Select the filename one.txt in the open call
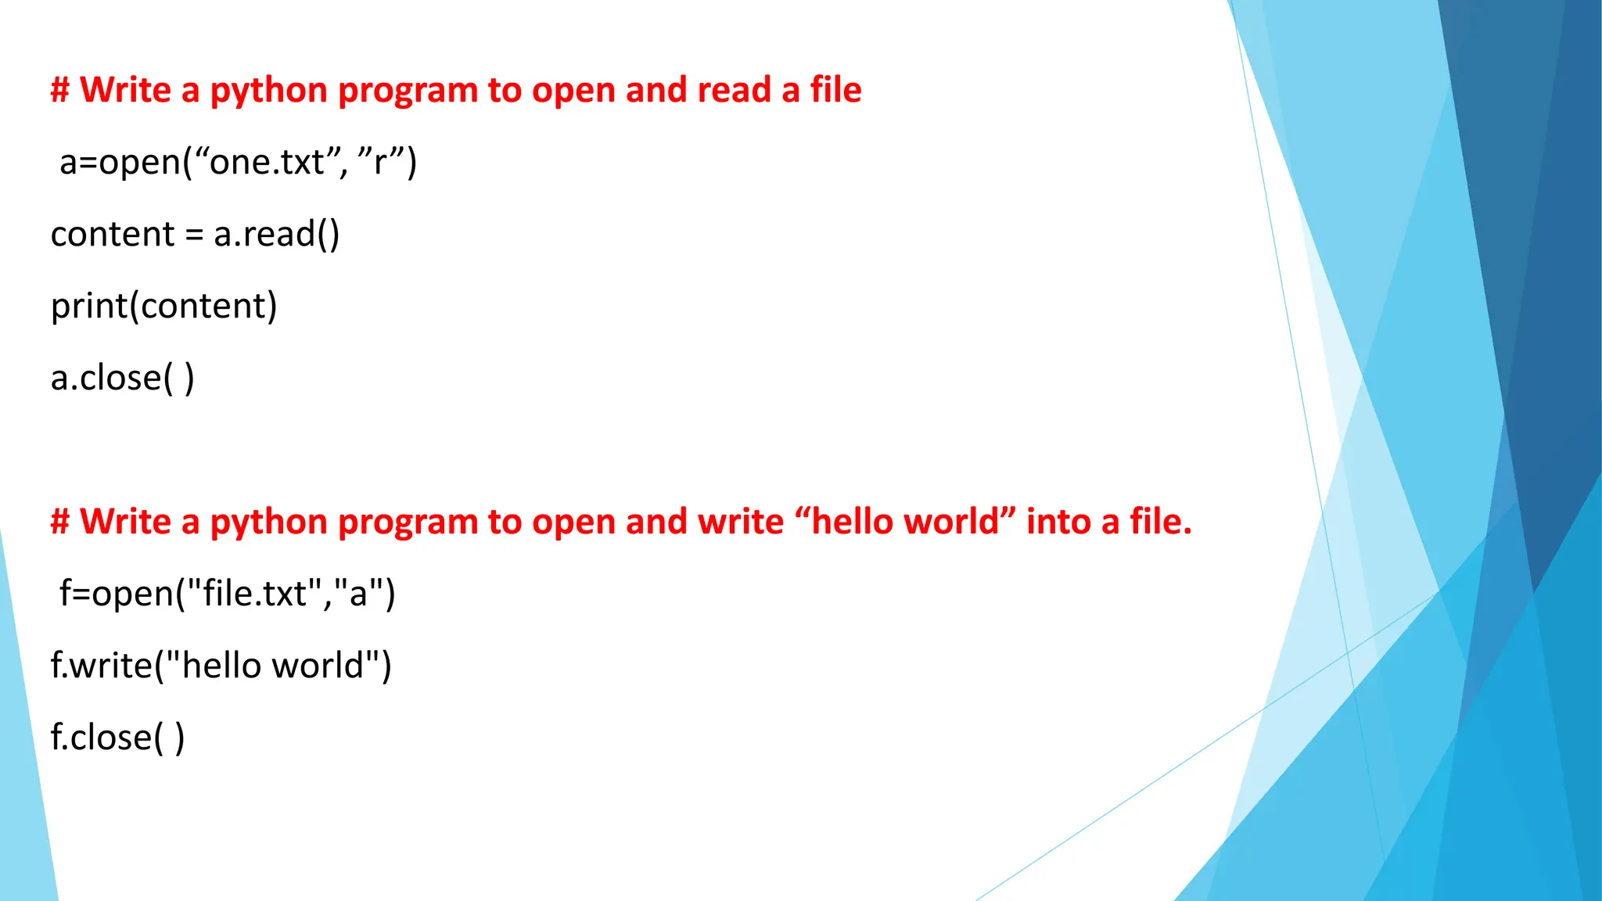point(267,163)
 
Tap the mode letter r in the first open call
point(381,163)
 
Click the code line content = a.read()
point(195,235)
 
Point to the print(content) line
point(163,306)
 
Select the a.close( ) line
point(122,379)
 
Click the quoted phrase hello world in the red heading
point(905,522)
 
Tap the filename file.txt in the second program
point(254,594)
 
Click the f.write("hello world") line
point(221,666)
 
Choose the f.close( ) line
point(117,738)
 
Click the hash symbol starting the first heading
point(60,90)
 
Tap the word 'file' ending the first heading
point(835,90)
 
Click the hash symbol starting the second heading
point(60,522)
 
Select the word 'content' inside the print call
point(203,306)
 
